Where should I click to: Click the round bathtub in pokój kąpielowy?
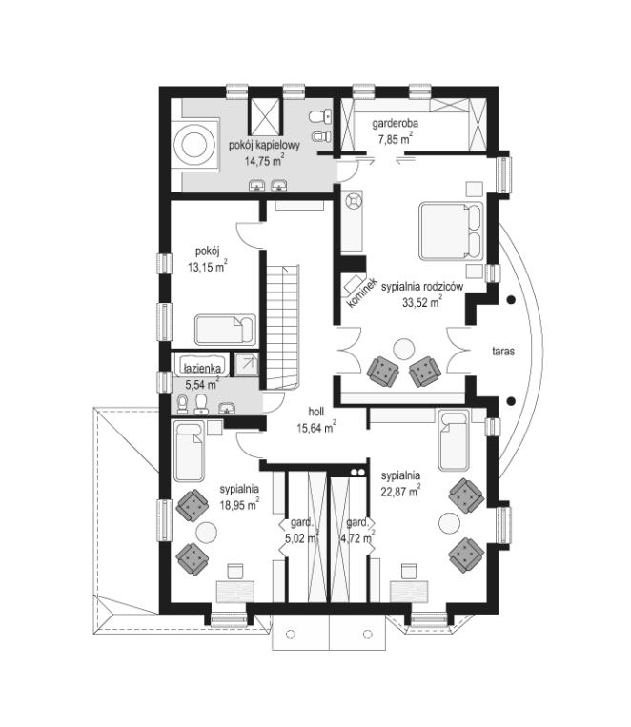193,145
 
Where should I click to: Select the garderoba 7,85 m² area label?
395,131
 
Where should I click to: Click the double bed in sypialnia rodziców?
451,231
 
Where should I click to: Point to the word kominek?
362,293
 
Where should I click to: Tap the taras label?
503,351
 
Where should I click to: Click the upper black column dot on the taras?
511,300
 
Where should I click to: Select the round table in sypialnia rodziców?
403,349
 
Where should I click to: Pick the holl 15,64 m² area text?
316,420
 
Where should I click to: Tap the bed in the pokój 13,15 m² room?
225,330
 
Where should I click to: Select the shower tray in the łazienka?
247,364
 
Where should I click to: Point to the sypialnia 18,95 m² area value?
239,504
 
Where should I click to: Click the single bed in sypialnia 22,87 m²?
454,440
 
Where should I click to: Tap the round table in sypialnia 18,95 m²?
207,533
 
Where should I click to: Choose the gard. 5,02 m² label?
301,530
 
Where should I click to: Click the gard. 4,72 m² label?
357,530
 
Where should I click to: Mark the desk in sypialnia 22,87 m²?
408,592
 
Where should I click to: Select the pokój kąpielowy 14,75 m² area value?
264,161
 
